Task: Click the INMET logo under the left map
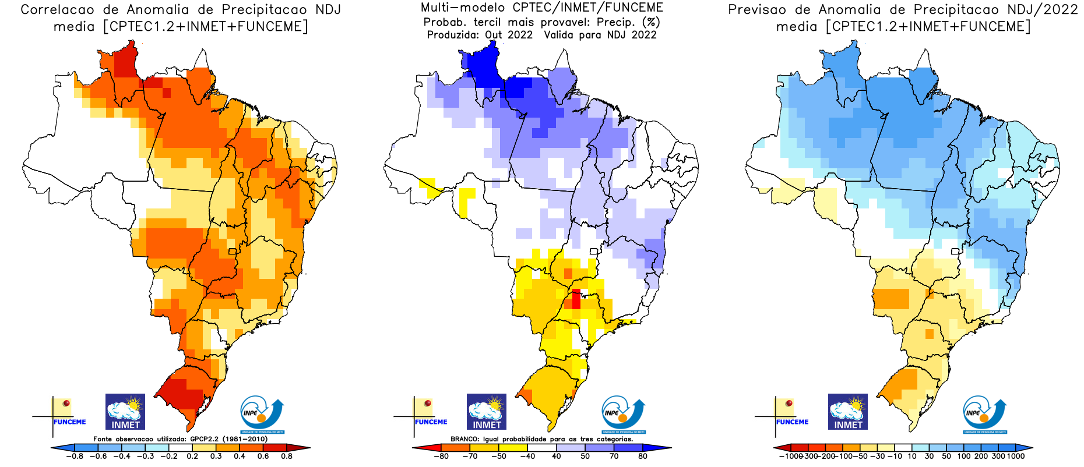[x=125, y=412]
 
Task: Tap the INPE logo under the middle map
[x=623, y=415]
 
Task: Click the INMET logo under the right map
[x=848, y=412]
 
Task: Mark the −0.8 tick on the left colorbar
[x=74, y=457]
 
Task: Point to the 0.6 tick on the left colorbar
[x=263, y=457]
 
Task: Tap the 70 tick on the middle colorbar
[x=614, y=457]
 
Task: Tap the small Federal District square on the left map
[x=233, y=252]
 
